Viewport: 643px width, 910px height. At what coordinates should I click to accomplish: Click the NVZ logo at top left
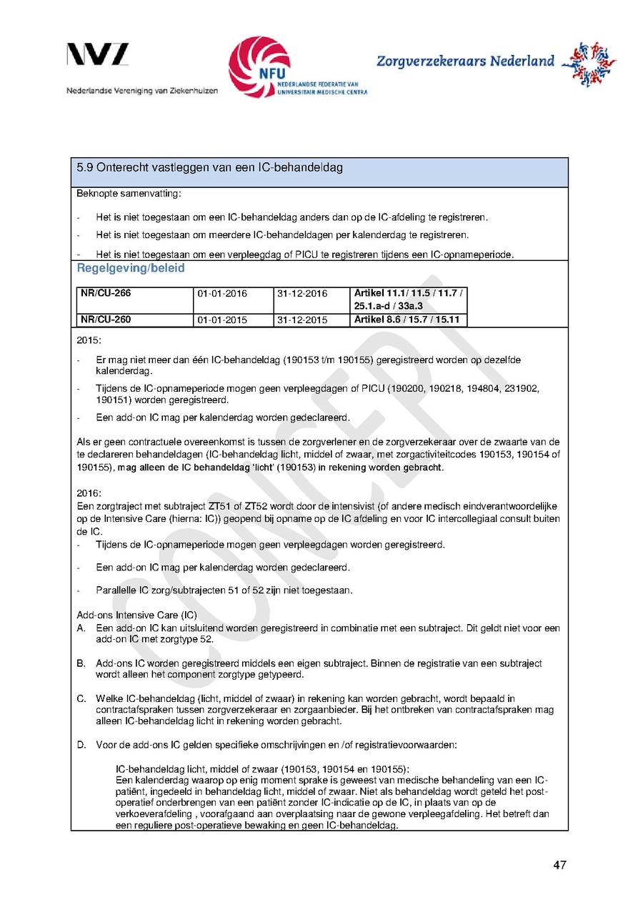point(98,55)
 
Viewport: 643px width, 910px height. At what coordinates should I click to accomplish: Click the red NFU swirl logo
point(259,66)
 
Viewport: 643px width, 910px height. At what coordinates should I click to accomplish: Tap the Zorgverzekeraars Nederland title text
point(465,61)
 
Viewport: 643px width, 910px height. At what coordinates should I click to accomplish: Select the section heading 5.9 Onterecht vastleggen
point(209,168)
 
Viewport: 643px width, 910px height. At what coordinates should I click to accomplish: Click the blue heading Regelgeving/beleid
point(130,268)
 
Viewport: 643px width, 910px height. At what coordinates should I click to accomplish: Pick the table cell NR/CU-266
point(106,294)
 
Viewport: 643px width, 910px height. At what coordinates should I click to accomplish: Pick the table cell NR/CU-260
point(106,320)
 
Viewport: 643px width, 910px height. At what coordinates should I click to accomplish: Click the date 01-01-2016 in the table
point(222,294)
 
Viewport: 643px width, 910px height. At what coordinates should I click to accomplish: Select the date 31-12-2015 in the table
point(301,320)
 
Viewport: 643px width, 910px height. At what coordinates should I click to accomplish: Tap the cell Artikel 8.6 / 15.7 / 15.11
point(407,320)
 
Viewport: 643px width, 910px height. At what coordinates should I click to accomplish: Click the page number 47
point(559,865)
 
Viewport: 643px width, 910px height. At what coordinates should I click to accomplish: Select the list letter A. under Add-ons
point(81,628)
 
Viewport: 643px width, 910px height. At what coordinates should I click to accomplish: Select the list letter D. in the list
point(81,745)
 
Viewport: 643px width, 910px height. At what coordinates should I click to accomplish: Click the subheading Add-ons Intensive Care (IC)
point(136,615)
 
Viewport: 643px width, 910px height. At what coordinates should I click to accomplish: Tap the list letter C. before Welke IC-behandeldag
point(81,698)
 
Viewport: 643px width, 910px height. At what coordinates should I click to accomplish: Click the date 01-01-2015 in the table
point(222,320)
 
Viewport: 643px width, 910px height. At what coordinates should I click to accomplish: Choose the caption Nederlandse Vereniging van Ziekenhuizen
point(142,91)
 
